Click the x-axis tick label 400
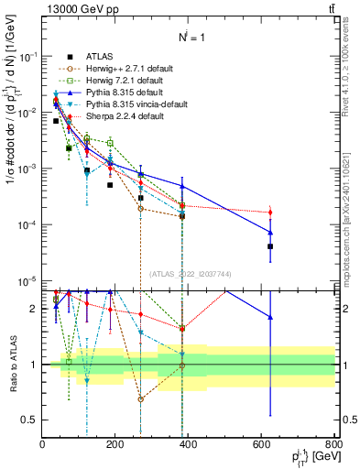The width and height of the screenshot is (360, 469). pyautogui.click(x=189, y=444)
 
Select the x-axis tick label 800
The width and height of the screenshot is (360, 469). pyautogui.click(x=334, y=444)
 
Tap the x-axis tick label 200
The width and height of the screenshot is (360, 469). pyautogui.click(x=115, y=444)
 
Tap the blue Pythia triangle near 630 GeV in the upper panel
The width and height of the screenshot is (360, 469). pyautogui.click(x=270, y=232)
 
